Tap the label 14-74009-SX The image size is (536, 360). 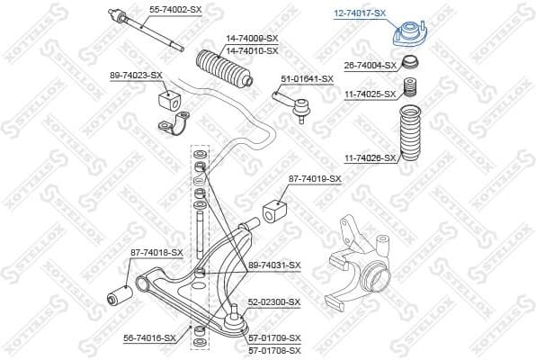click(250, 38)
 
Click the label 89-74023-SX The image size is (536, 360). click(136, 75)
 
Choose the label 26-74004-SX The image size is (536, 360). click(371, 66)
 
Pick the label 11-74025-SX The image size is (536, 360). click(371, 94)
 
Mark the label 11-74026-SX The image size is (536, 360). click(370, 157)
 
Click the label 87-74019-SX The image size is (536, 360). click(315, 179)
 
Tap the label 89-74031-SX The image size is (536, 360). click(274, 265)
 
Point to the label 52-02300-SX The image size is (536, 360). click(274, 302)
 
